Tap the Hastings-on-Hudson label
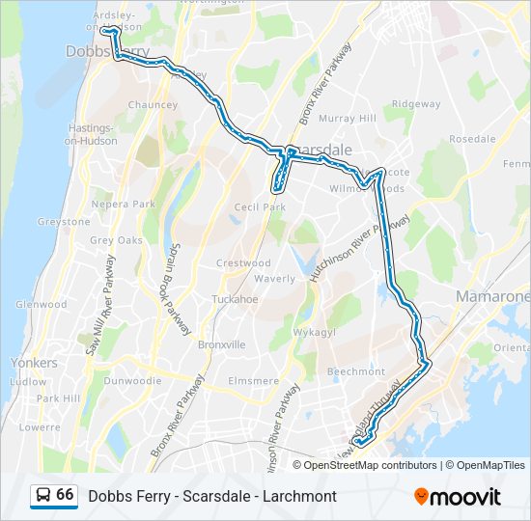[91, 134]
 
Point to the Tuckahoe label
[236, 299]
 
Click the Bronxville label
[221, 344]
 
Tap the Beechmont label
[356, 371]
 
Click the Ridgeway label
[416, 104]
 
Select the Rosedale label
[472, 139]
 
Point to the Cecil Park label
[260, 206]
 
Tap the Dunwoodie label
[132, 381]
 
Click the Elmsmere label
[253, 381]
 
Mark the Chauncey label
[153, 105]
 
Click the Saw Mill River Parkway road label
[101, 305]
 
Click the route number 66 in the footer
[65, 495]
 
